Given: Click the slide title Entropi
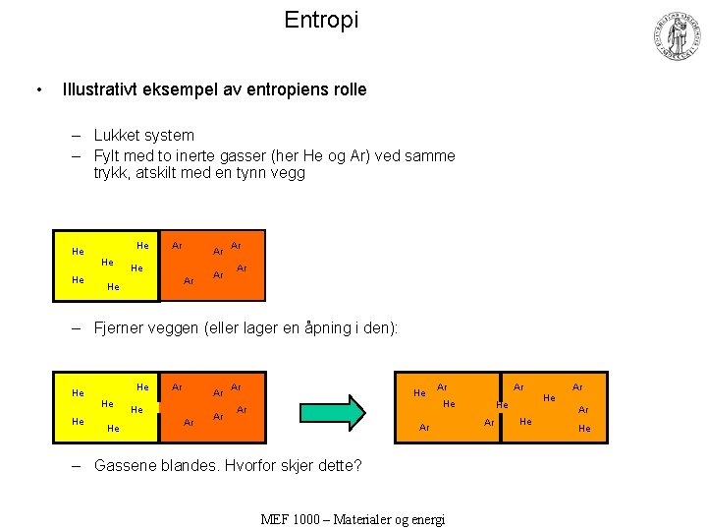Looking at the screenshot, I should point(321,20).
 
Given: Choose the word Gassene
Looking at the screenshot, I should point(126,465).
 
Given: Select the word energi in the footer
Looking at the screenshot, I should point(424,518).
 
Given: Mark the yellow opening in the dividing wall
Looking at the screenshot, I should point(158,407).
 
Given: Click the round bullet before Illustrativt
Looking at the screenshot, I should point(37,90).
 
